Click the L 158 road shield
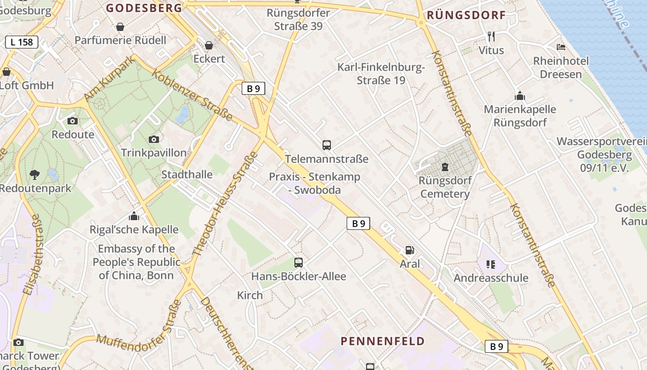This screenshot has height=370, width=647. pyautogui.click(x=22, y=42)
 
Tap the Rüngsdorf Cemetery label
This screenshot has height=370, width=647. pyautogui.click(x=445, y=187)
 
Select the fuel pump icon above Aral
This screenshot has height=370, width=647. pyautogui.click(x=409, y=250)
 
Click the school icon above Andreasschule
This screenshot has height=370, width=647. pyautogui.click(x=490, y=265)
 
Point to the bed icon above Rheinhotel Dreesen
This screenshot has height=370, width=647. pyautogui.click(x=561, y=47)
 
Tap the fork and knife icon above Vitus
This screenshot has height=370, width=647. pyautogui.click(x=491, y=36)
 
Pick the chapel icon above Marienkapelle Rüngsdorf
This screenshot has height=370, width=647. pyautogui.click(x=520, y=96)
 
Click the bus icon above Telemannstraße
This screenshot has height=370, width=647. pyautogui.click(x=327, y=145)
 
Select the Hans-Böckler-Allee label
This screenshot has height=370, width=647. pyautogui.click(x=299, y=277)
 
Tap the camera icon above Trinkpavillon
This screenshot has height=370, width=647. pyautogui.click(x=154, y=139)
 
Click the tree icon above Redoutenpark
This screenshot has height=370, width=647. pyautogui.click(x=34, y=174)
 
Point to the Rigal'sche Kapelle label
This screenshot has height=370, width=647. pyautogui.click(x=134, y=229)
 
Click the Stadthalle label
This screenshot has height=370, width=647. pyautogui.click(x=187, y=174)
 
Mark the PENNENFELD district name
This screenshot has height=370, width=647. pyautogui.click(x=383, y=341)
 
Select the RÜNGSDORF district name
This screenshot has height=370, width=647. pyautogui.click(x=466, y=15)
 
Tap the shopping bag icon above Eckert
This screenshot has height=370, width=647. pyautogui.click(x=209, y=45)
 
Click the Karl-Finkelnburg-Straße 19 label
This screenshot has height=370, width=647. pyautogui.click(x=381, y=74)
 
